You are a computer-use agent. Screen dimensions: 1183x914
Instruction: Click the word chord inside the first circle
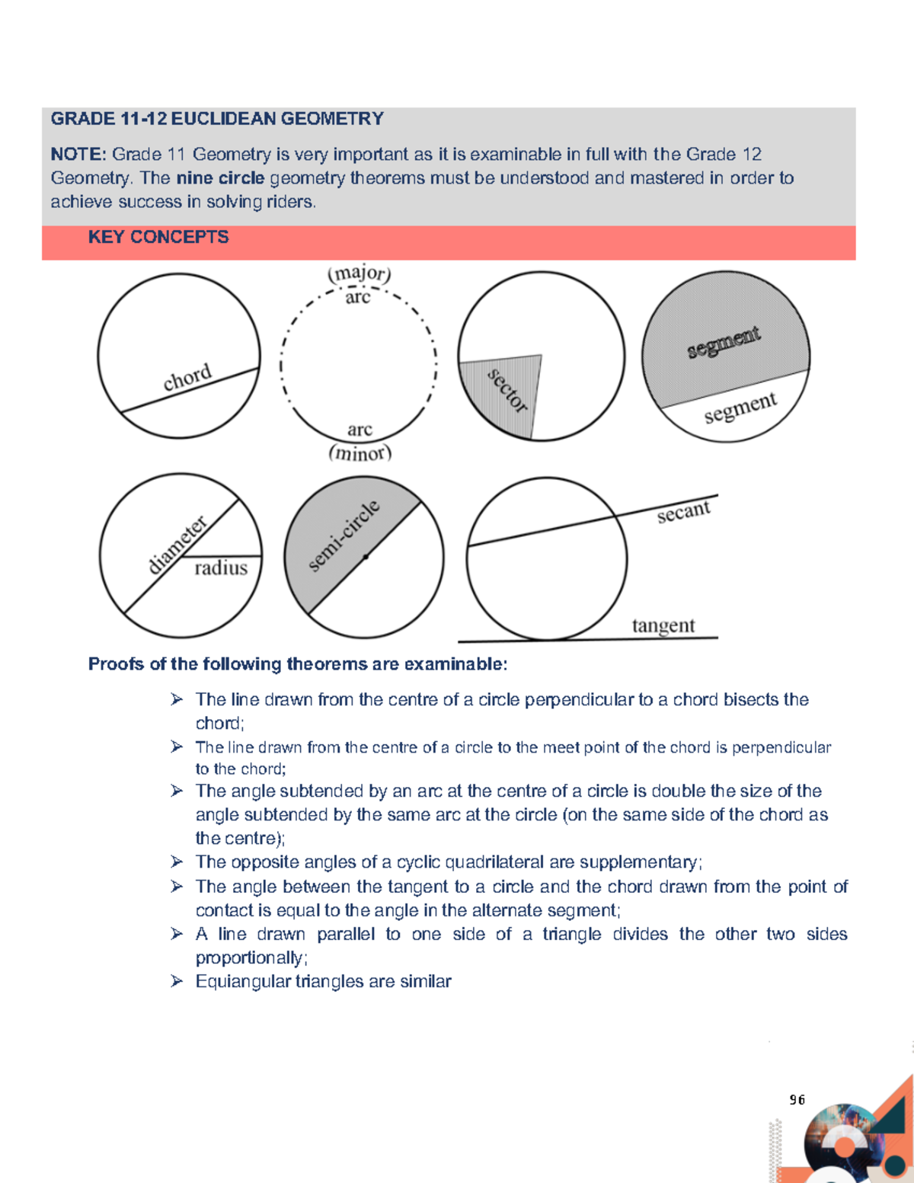(x=187, y=377)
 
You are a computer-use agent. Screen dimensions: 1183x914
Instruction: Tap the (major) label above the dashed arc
(x=359, y=273)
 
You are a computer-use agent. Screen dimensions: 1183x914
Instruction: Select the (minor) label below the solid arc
(x=360, y=453)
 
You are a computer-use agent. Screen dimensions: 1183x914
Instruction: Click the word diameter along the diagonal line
(x=177, y=544)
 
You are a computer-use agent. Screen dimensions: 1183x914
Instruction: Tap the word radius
(x=221, y=568)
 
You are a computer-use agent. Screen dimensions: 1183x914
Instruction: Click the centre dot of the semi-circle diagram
(x=366, y=557)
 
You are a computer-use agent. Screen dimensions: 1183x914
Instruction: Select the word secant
(x=683, y=512)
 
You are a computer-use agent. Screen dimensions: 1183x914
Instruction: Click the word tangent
(x=663, y=625)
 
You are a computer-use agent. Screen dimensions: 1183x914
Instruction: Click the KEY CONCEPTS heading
(x=158, y=237)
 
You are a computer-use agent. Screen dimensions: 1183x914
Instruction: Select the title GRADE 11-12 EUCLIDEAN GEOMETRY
(x=217, y=119)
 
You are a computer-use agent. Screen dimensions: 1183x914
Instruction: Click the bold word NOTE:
(x=78, y=155)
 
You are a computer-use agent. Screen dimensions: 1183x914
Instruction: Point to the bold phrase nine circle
(x=220, y=178)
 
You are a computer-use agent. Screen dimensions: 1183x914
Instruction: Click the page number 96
(x=797, y=1099)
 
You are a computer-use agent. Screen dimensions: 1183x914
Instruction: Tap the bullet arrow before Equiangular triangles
(x=177, y=981)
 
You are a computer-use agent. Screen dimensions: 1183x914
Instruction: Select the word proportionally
(x=251, y=958)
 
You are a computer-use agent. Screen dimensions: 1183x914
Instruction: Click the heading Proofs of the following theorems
(x=297, y=664)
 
